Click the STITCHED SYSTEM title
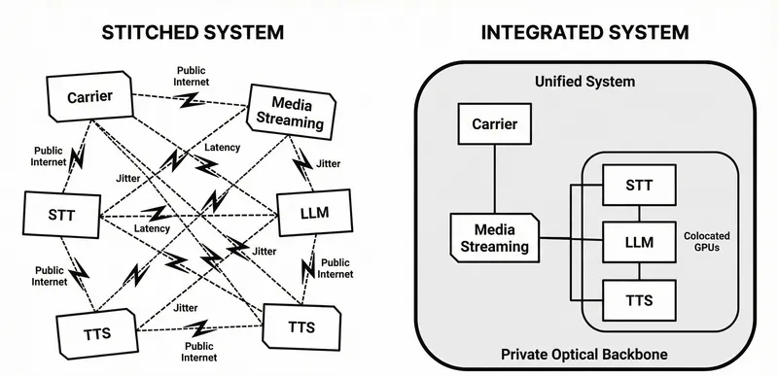pyautogui.click(x=194, y=32)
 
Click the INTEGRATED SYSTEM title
pyautogui.click(x=584, y=32)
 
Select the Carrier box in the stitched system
pyautogui.click(x=91, y=97)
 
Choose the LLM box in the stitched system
pyautogui.click(x=307, y=214)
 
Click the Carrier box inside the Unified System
pyautogui.click(x=494, y=124)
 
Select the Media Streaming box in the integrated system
pyautogui.click(x=494, y=237)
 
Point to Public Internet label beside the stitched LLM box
pyautogui.click(x=336, y=268)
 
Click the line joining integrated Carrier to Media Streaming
pyautogui.click(x=494, y=180)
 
